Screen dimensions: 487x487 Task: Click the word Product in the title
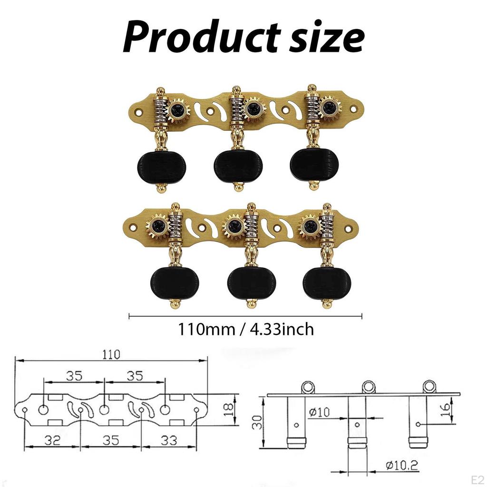[x=202, y=38]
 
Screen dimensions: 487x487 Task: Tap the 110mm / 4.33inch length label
[x=246, y=329]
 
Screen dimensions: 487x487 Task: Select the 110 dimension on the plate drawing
[x=111, y=354]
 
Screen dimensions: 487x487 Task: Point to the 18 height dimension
[x=229, y=410]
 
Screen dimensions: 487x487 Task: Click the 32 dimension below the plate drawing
[x=52, y=440]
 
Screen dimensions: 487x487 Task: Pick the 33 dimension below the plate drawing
[x=169, y=440]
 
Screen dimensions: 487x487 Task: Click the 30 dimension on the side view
[x=257, y=422]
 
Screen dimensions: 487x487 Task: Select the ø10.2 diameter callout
[x=402, y=465]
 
